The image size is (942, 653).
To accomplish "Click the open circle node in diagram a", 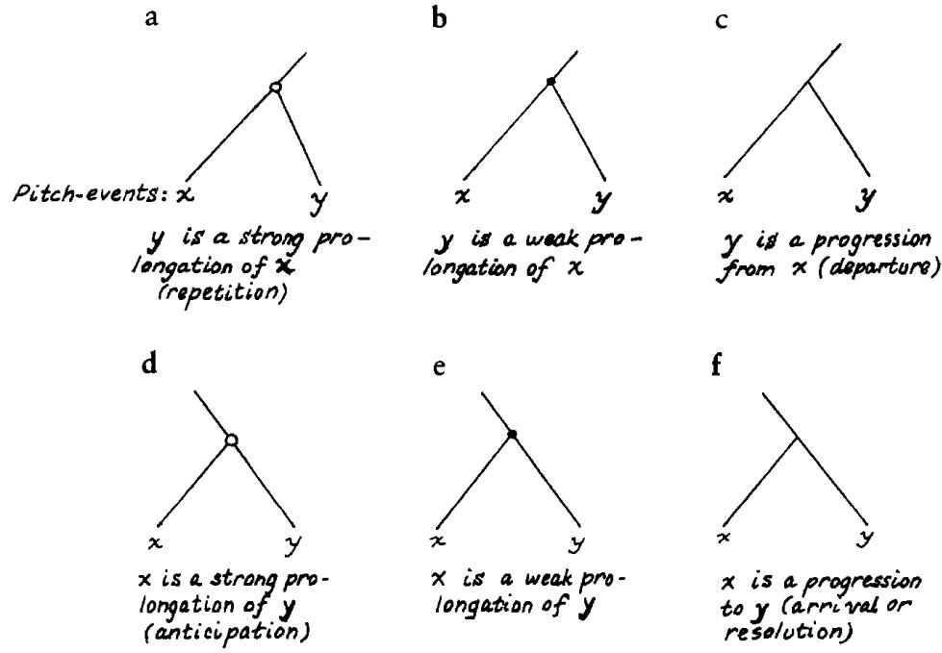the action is point(275,88).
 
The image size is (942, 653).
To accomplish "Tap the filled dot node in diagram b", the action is point(550,81).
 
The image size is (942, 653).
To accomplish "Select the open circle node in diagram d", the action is point(232,440).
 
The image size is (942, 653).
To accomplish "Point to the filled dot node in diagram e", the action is point(512,434).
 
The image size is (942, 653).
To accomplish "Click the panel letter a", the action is point(152,18).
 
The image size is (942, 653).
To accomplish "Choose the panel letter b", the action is point(440,18).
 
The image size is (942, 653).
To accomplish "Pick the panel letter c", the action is point(722,21).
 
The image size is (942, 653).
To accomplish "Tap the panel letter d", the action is point(149,364).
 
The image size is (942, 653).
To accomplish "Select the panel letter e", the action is point(439,366).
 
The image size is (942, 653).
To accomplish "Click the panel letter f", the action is point(716,364).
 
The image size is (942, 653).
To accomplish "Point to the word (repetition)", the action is point(221,293).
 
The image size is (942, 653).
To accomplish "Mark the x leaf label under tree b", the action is point(462,196).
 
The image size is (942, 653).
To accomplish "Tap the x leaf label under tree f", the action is point(726,537).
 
